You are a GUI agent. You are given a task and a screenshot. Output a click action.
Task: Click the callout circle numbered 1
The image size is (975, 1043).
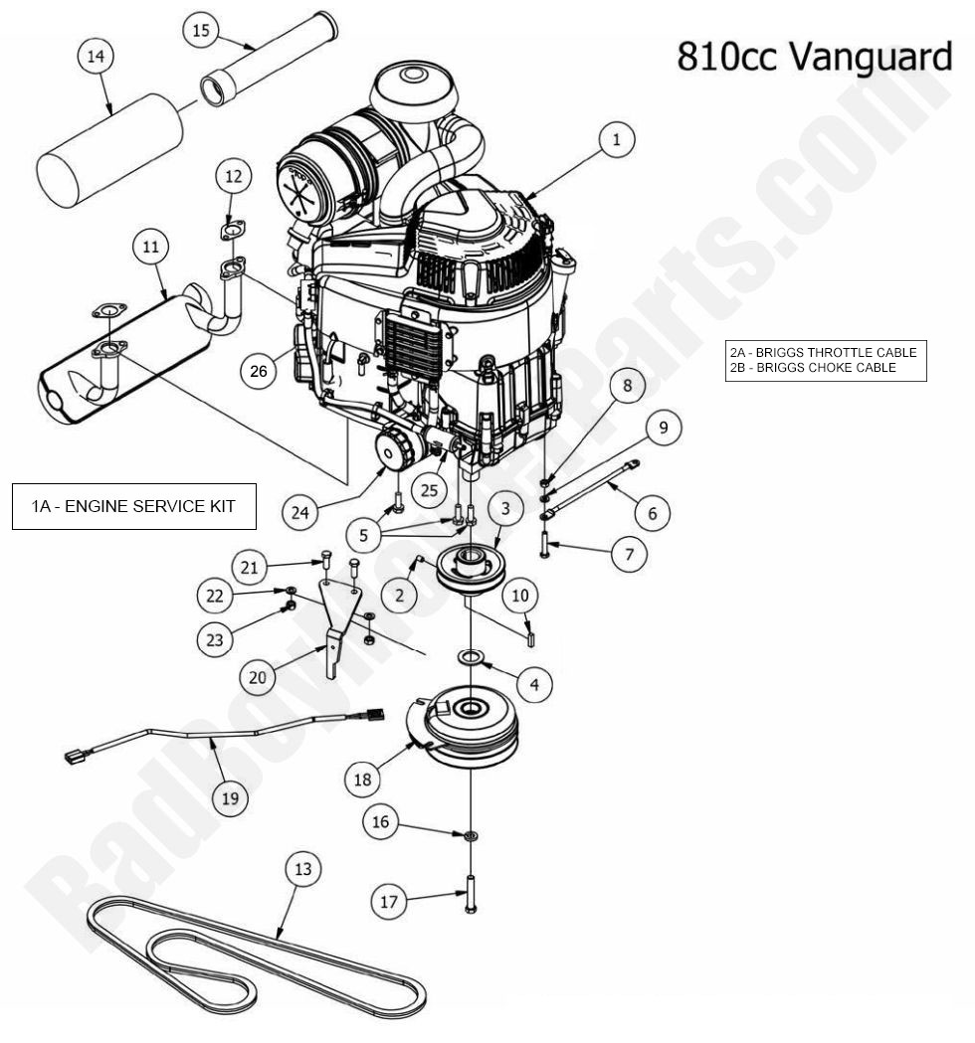[616, 141]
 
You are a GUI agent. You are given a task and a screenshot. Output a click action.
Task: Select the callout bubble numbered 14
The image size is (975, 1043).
[96, 58]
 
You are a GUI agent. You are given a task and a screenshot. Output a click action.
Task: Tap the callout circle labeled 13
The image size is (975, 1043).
[302, 869]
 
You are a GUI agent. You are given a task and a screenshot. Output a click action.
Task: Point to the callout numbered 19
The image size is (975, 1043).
[230, 797]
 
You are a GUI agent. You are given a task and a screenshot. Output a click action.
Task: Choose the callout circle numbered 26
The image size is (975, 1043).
[259, 372]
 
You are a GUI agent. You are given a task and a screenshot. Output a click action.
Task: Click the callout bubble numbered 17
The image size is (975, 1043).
[389, 902]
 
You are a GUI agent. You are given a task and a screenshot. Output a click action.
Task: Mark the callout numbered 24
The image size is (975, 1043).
[299, 513]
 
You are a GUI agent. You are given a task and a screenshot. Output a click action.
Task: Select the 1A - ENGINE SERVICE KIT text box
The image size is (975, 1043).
[133, 506]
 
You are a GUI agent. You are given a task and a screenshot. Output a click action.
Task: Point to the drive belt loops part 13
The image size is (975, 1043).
[249, 955]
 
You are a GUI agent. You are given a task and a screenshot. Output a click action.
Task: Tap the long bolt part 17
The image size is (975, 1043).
[470, 892]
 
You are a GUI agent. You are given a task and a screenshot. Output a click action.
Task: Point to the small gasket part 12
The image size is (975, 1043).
[233, 233]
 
